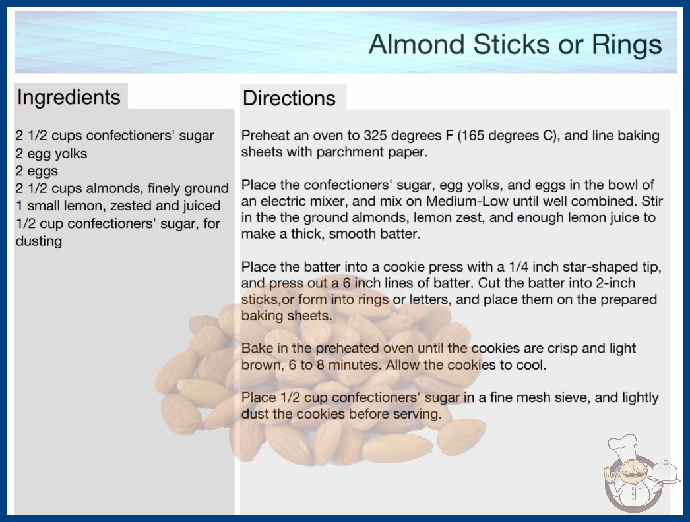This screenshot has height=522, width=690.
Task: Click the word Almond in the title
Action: [417, 44]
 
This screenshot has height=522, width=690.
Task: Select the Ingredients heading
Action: [69, 98]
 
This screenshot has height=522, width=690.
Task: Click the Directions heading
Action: [289, 98]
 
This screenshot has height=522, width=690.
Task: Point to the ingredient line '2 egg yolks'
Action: [51, 154]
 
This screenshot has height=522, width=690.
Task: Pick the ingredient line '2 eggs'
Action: [37, 171]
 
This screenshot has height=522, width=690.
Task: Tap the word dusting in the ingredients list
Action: [39, 241]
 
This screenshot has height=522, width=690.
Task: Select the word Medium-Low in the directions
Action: [467, 201]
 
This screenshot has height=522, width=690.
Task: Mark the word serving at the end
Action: [417, 415]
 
